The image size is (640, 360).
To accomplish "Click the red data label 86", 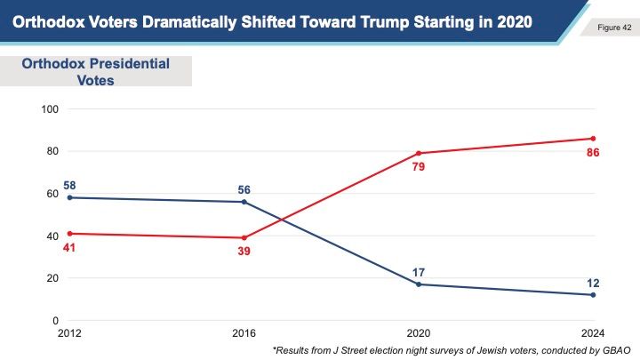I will (x=592, y=153).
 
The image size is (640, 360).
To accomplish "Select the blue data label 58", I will (x=70, y=186).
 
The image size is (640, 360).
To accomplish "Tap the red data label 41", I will (x=70, y=248).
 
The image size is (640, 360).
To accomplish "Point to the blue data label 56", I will (x=243, y=189).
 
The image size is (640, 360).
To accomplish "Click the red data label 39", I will (x=243, y=252).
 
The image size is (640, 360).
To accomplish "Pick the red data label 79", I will (x=418, y=167).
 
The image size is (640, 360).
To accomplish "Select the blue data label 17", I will (x=418, y=271).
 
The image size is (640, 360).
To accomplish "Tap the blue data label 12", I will (x=592, y=283).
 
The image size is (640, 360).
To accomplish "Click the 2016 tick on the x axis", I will (x=244, y=332).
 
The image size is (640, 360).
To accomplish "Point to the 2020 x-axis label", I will (x=418, y=332).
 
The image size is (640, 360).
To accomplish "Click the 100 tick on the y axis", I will (x=50, y=109).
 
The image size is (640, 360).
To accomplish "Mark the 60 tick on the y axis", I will (x=52, y=194).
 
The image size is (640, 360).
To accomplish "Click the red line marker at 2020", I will (x=418, y=153).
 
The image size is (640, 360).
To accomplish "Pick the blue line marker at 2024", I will (x=592, y=295).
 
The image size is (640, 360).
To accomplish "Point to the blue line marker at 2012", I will (x=69, y=197).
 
